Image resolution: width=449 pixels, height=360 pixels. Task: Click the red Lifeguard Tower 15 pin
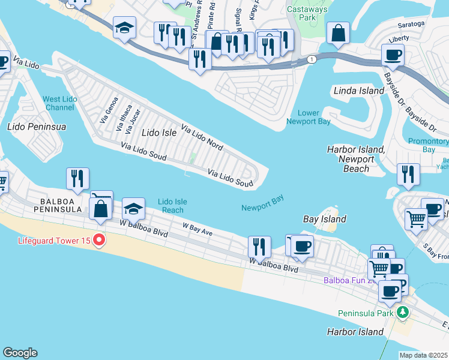point(100,241)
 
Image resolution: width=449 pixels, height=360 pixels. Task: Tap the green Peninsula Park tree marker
point(403,313)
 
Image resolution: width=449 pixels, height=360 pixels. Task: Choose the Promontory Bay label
point(429,145)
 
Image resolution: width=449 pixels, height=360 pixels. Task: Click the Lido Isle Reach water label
point(173,206)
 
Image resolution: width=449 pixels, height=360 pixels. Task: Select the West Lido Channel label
point(59,103)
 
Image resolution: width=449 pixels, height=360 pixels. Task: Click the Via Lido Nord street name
point(202,137)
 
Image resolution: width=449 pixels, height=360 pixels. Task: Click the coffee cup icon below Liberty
point(393,55)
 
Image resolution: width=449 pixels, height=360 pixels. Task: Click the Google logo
point(20,353)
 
